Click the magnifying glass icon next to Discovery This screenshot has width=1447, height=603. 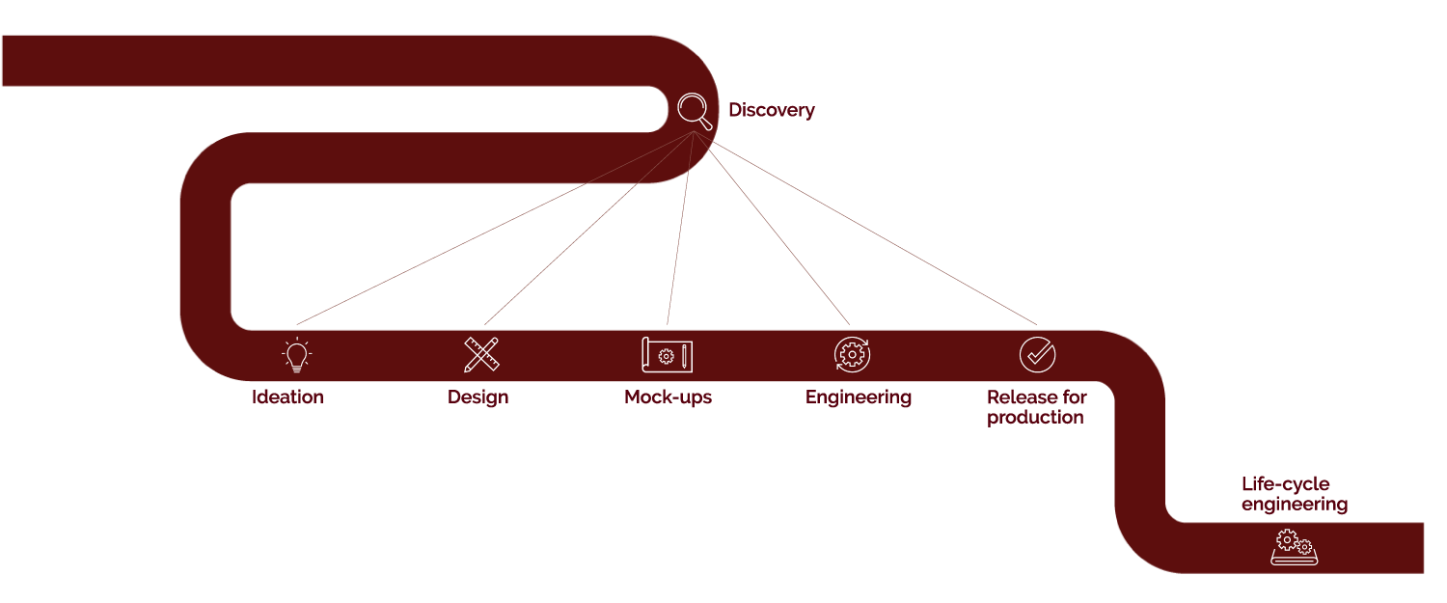(x=694, y=109)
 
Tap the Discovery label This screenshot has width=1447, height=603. (x=771, y=110)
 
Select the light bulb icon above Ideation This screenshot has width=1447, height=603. (x=297, y=355)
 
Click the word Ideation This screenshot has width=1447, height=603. (x=287, y=397)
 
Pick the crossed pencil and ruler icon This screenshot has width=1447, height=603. (x=480, y=355)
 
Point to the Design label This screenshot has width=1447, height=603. (x=478, y=397)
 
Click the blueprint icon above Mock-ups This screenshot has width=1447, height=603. (x=667, y=355)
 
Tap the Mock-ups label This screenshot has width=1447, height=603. (x=668, y=397)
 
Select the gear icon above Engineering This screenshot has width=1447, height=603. (x=852, y=355)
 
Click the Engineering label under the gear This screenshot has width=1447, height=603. (x=858, y=397)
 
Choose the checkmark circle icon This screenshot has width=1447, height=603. (x=1037, y=355)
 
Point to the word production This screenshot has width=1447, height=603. (x=1035, y=418)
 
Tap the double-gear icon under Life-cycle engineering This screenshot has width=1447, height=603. (x=1295, y=546)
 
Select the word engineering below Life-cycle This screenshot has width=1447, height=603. (x=1294, y=505)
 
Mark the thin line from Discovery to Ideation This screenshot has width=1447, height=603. (x=494, y=228)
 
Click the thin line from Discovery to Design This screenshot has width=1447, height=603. (x=588, y=228)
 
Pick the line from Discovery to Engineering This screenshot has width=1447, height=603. (x=772, y=228)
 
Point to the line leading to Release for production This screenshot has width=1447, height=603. (x=865, y=228)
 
